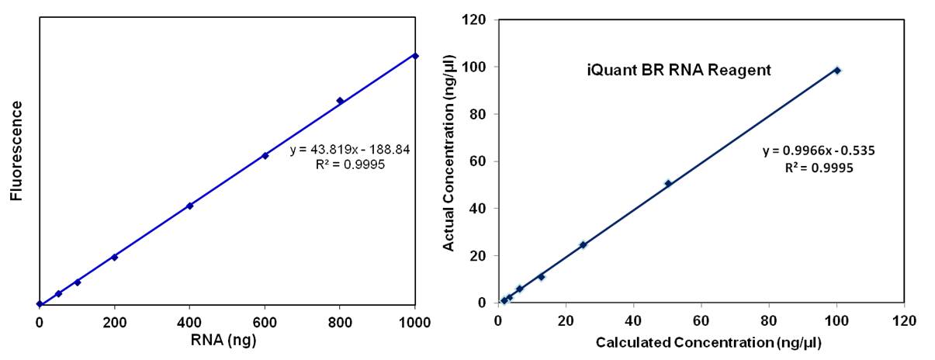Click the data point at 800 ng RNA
340,101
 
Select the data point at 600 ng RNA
265,156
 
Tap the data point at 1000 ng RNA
415,56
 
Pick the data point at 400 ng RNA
189,206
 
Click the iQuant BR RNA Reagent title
677,70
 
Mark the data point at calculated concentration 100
837,71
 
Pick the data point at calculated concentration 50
667,184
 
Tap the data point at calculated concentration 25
583,245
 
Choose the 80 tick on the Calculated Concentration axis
769,320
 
